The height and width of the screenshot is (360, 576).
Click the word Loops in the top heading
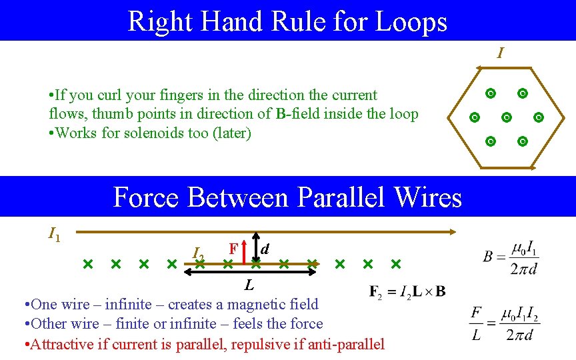pyautogui.click(x=411, y=21)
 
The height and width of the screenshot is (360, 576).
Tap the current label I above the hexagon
pyautogui.click(x=500, y=53)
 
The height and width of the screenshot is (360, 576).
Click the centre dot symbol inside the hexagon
pyautogui.click(x=506, y=118)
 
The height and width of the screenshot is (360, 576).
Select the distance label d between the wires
pyautogui.click(x=265, y=249)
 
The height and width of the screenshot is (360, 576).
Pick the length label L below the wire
pyautogui.click(x=249, y=285)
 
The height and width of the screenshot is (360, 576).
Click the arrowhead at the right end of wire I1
pyautogui.click(x=453, y=232)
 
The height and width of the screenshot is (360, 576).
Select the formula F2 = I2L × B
pyautogui.click(x=407, y=291)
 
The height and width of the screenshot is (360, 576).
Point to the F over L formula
pyautogui.click(x=504, y=323)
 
